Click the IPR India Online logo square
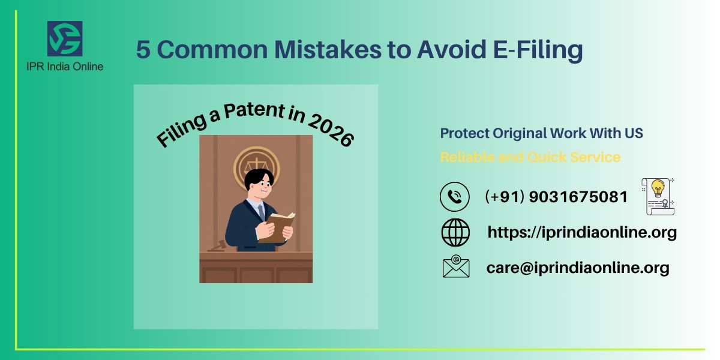(65, 39)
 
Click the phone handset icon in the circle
(454, 197)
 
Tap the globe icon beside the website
(455, 232)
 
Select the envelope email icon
(455, 267)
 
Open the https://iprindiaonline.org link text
(582, 232)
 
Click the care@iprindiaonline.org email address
(578, 268)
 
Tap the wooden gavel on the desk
(217, 246)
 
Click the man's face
(259, 189)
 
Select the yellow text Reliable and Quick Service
(530, 157)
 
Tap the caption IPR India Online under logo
(65, 66)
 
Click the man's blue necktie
(262, 211)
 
